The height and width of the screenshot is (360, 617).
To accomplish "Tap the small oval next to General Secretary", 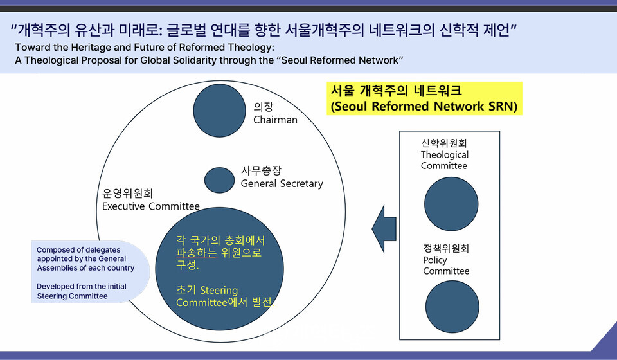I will (219, 179).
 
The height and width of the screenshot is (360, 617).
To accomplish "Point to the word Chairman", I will (275, 120).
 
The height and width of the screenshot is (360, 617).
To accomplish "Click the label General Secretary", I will (282, 184).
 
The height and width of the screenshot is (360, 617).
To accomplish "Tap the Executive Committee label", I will (151, 206).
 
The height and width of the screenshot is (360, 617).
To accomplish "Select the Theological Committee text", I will (445, 160).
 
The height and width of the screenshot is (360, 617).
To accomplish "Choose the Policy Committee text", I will (446, 265).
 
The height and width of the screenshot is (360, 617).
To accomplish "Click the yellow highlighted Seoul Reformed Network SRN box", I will (424, 98).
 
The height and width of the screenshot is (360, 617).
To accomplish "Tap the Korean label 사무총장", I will (261, 171).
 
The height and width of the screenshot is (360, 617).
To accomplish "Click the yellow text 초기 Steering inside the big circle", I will (207, 290).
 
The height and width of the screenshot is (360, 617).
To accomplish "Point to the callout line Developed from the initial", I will (82, 286).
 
